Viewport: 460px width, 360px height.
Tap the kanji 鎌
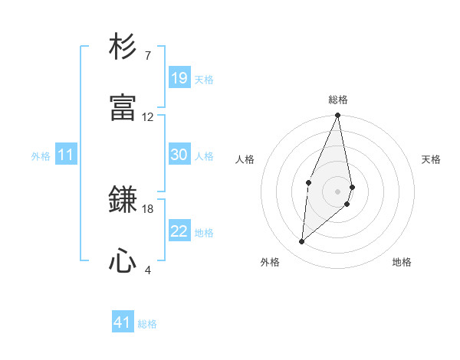pos(123,201)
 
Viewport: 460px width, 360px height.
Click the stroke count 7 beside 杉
pos(147,56)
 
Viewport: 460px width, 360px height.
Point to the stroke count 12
pos(148,117)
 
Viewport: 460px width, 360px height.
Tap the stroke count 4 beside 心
pos(147,270)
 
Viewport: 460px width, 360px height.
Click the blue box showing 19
pos(179,77)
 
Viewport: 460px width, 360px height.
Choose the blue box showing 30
pos(179,155)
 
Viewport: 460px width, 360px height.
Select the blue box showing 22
pos(179,231)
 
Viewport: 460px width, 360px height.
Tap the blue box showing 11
pos(66,155)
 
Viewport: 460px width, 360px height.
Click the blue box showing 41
pos(123,322)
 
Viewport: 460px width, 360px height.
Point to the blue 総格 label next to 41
pos(147,324)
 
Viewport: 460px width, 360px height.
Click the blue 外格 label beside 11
pos(41,156)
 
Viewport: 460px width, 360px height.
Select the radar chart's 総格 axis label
pos(338,100)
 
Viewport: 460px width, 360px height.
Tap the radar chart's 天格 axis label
pos(432,159)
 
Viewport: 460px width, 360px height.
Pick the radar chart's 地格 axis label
pos(402,262)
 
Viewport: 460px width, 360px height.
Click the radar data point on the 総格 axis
pos(337,116)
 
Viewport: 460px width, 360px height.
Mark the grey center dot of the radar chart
pos(337,191)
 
